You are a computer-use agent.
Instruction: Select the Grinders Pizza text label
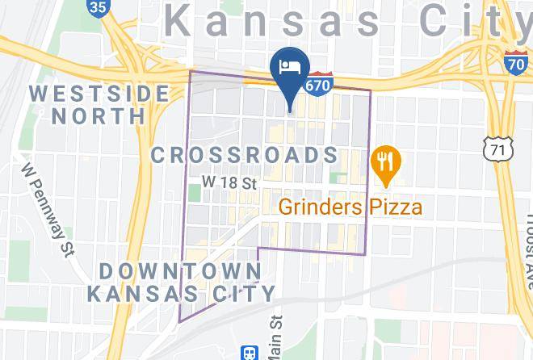(350, 207)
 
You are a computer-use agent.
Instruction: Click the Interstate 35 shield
(98, 8)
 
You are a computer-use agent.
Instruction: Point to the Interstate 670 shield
(317, 84)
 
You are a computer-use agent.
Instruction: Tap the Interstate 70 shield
(516, 60)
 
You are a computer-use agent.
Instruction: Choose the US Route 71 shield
(495, 147)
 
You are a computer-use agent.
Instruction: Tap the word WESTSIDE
(99, 93)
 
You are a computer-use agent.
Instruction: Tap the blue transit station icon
(250, 353)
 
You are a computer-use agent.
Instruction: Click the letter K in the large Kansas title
(180, 20)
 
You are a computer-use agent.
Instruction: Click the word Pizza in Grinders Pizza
(392, 207)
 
